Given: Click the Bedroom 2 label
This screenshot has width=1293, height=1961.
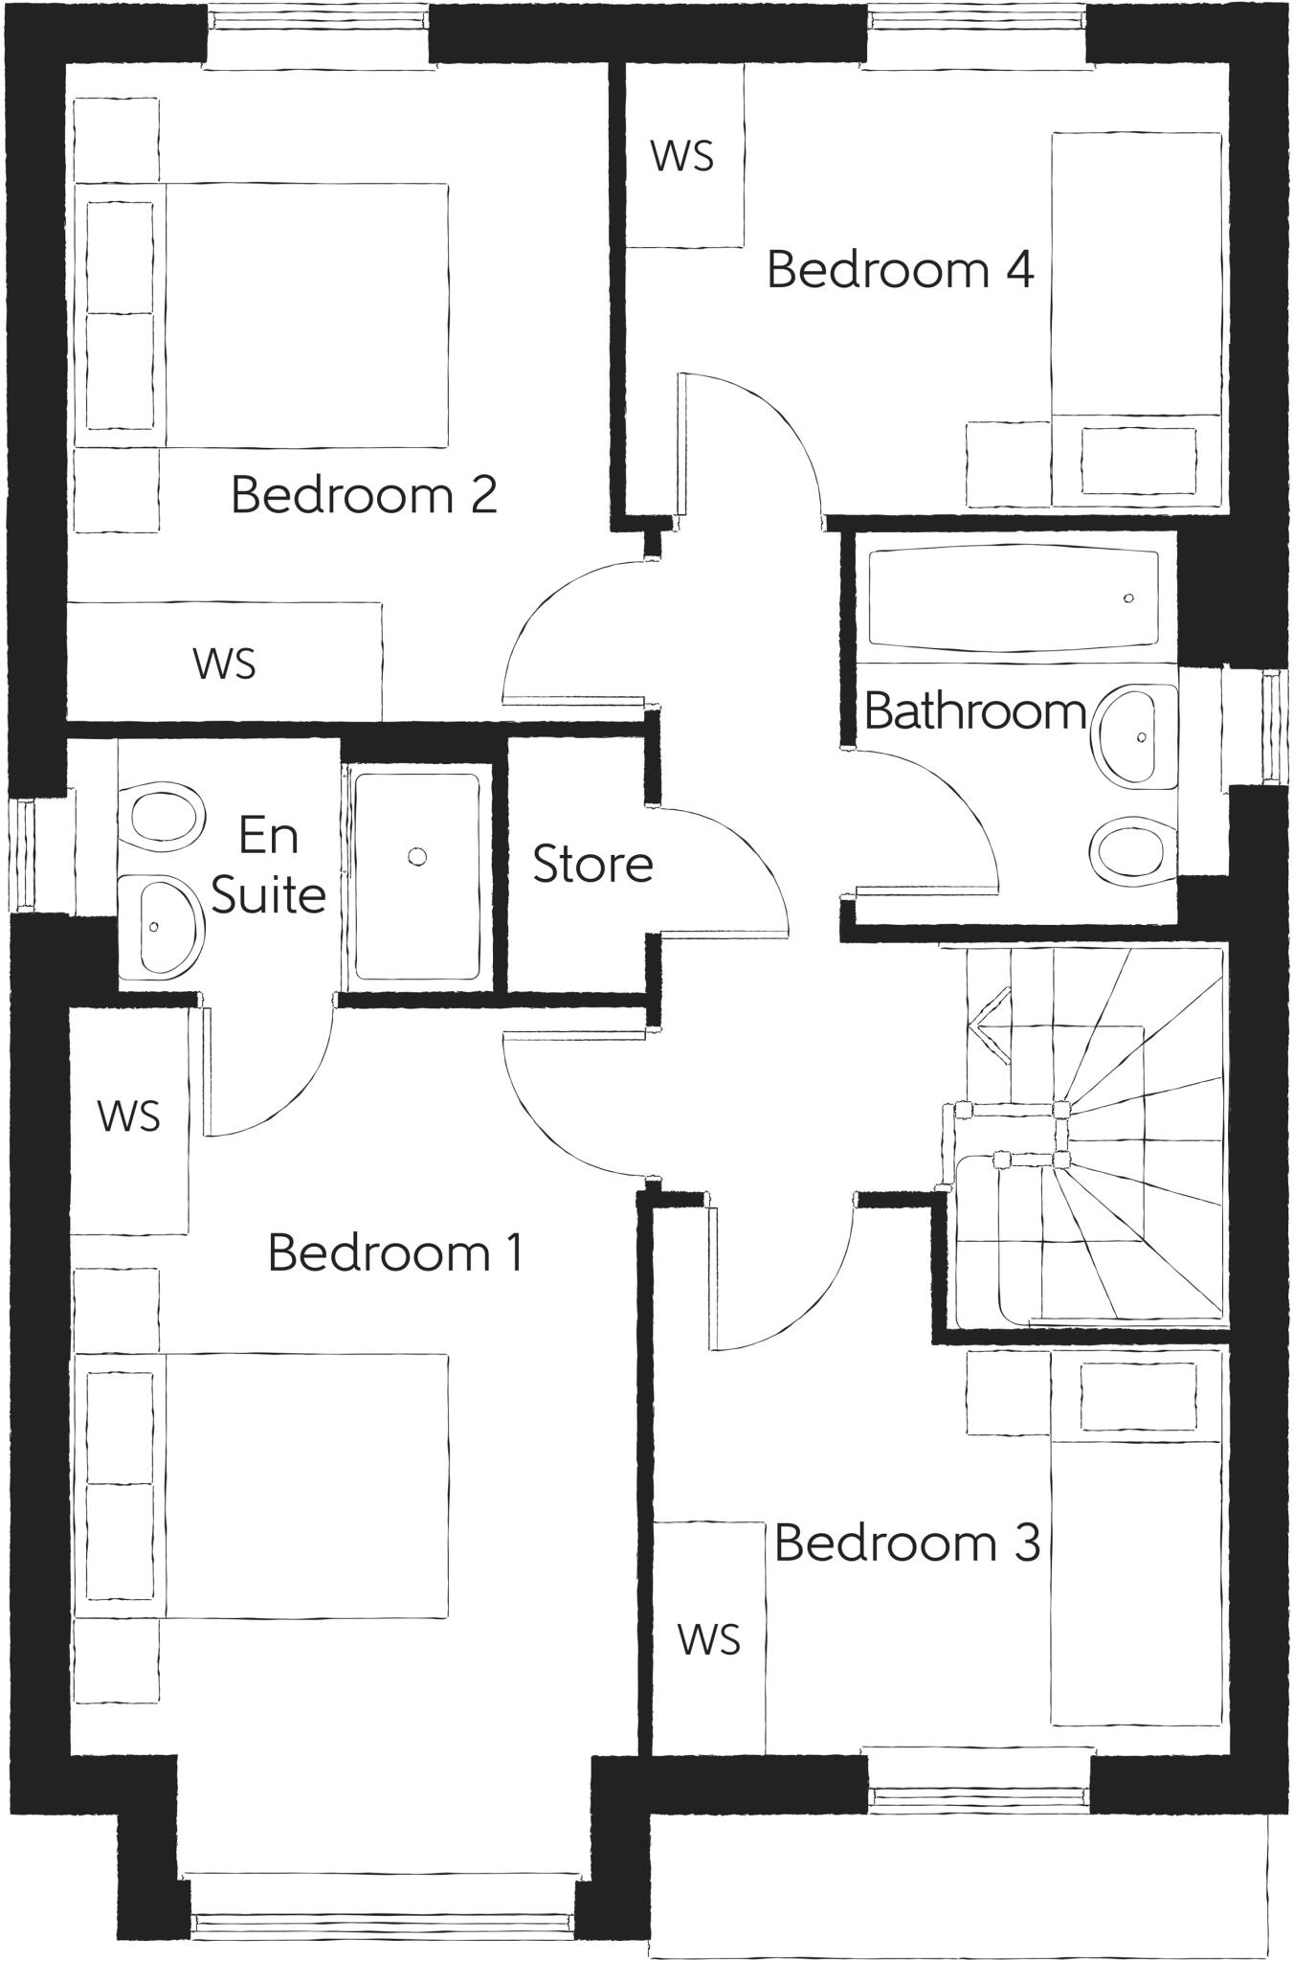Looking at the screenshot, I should point(364,496).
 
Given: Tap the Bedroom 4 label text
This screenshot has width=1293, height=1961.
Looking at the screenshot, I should point(900,270).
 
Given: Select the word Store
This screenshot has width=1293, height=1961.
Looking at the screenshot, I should point(592,865).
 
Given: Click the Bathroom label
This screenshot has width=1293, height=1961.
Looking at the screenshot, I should point(974,711).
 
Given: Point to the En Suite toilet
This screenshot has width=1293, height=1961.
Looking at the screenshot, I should point(164,814).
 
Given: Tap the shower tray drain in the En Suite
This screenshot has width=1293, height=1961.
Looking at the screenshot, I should point(416,856).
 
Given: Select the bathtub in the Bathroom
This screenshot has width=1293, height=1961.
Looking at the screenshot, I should point(1013,598).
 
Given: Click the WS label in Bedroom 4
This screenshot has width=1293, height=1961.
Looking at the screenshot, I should point(682,156).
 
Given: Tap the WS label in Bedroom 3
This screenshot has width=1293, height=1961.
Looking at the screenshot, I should point(709,1639).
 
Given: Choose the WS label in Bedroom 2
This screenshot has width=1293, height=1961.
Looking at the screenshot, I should point(225,664).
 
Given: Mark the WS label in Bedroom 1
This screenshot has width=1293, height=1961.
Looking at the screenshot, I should point(129,1116).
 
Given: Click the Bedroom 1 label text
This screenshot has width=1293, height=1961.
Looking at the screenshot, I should point(395,1252).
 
